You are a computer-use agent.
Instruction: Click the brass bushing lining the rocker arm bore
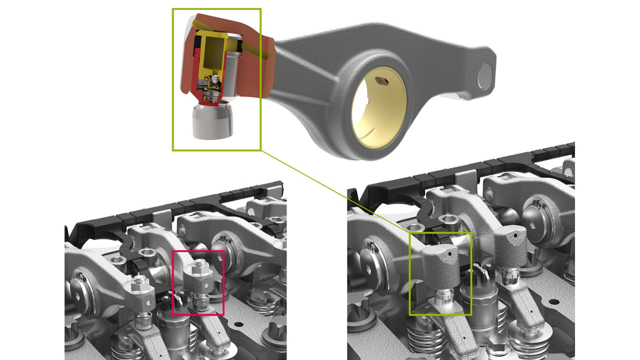pos(378,107)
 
